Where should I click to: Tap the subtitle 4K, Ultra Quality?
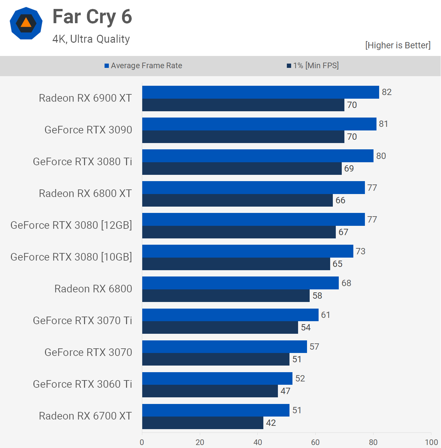[x=91, y=39]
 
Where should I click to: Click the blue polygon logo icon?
[x=26, y=23]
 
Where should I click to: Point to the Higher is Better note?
[x=398, y=45]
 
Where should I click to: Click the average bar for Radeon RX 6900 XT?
[x=260, y=92]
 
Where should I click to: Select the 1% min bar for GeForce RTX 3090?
[x=243, y=137]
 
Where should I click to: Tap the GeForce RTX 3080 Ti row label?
[x=82, y=162]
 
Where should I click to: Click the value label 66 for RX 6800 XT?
[x=340, y=200]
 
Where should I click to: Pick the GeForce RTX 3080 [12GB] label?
[x=71, y=225]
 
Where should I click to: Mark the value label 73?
[x=361, y=251]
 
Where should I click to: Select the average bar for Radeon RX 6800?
[x=241, y=283]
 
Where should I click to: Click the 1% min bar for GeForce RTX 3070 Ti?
[x=220, y=327]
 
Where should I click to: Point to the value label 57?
[x=314, y=347]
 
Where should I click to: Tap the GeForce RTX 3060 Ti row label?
[x=82, y=384]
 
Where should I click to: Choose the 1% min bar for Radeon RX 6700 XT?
[x=202, y=423]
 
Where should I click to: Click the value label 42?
[x=271, y=423]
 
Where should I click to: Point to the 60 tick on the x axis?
[x=315, y=442]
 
